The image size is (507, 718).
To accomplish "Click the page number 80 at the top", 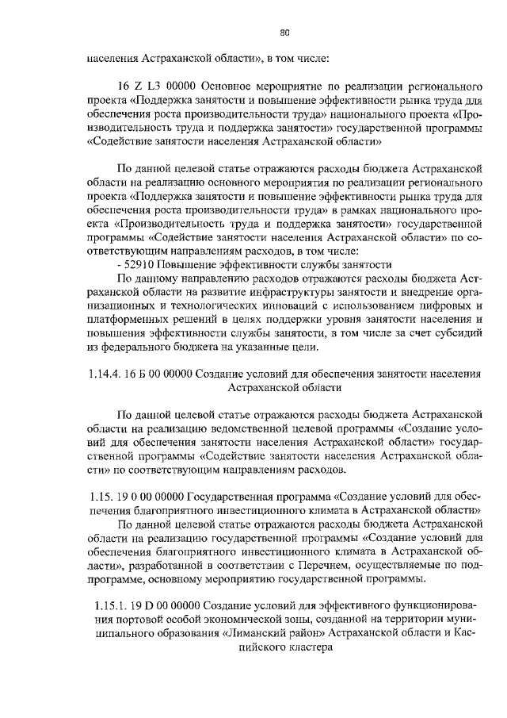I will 285,33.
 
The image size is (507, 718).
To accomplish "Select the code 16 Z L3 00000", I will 157,85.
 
